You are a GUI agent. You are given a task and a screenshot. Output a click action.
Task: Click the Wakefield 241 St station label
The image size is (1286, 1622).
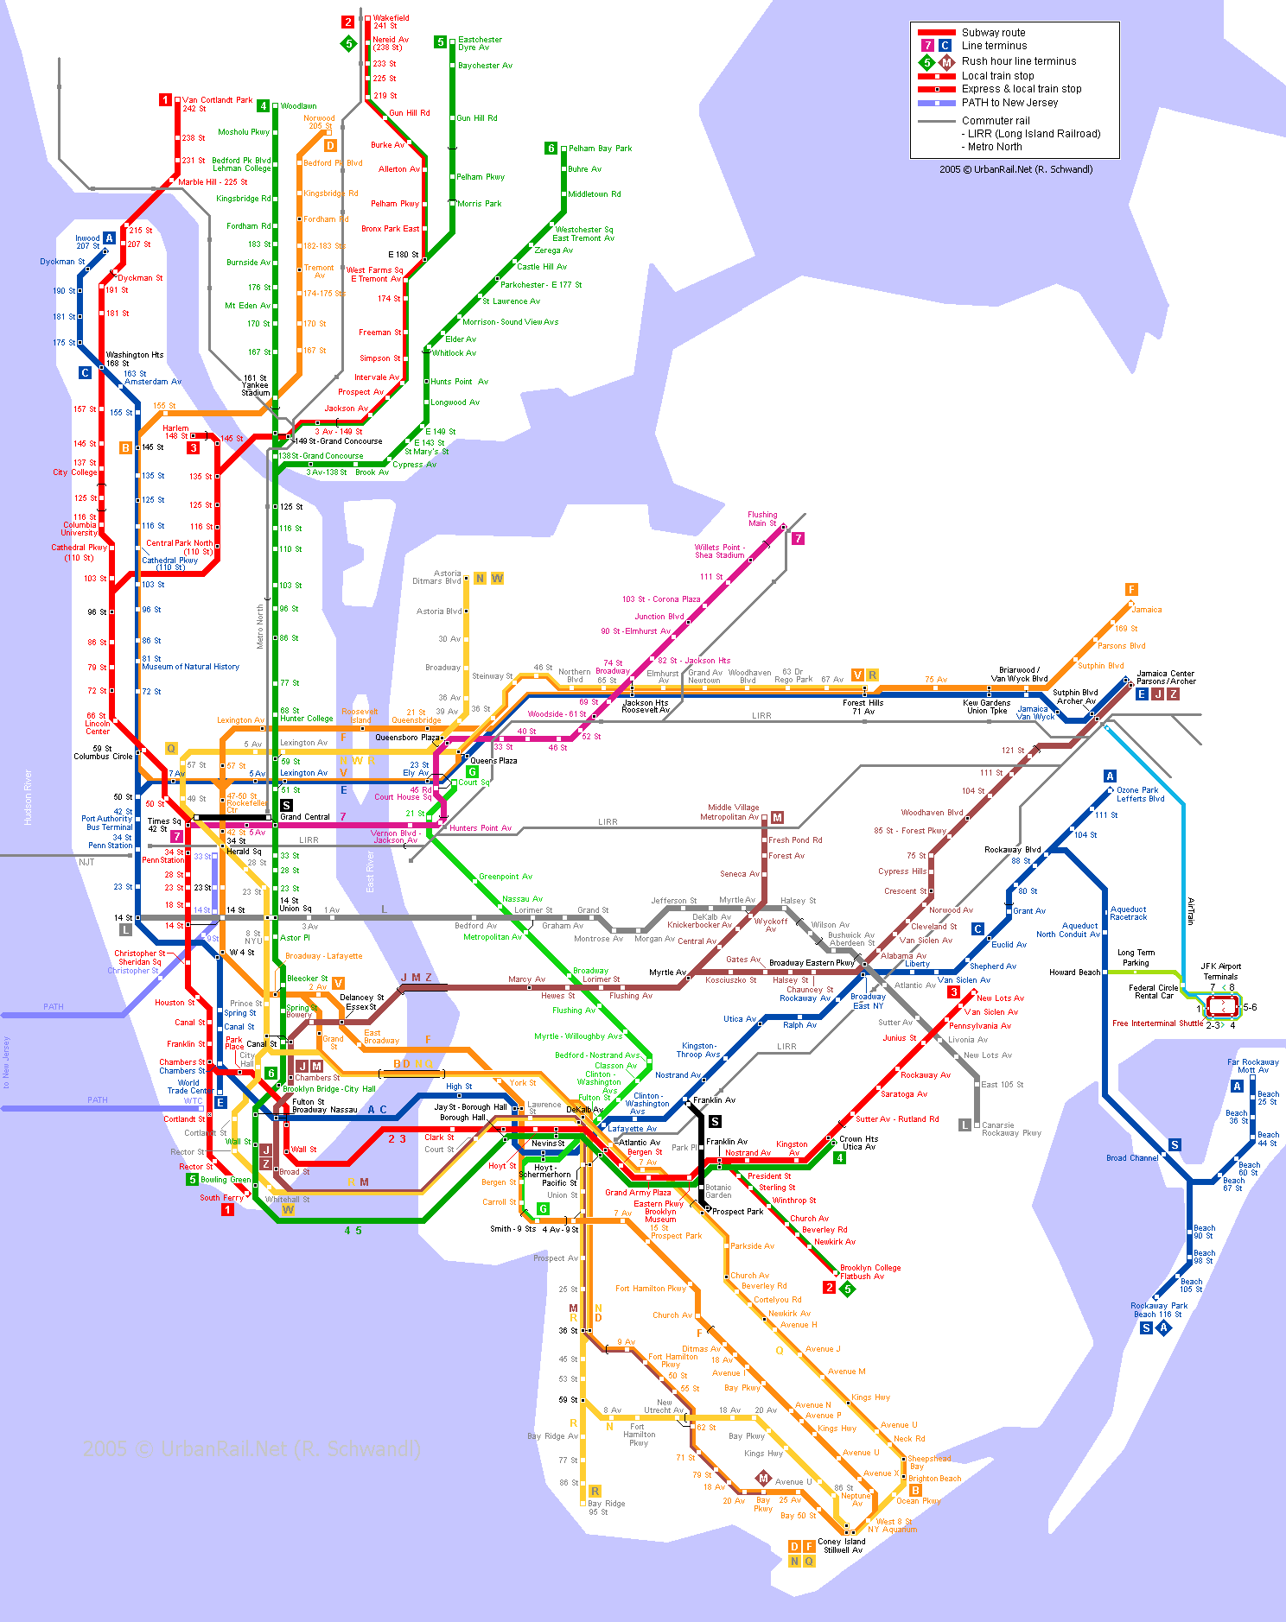click(391, 22)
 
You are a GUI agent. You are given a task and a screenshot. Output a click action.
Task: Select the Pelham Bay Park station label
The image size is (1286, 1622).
click(600, 149)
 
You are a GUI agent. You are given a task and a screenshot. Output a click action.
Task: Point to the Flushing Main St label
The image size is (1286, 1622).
click(761, 518)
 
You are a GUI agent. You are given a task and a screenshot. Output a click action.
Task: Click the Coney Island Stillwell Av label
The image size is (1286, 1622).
click(842, 1545)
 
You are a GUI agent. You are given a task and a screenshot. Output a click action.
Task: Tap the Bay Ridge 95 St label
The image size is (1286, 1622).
click(606, 1507)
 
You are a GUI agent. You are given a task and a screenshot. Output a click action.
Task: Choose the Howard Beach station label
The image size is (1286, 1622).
click(1074, 972)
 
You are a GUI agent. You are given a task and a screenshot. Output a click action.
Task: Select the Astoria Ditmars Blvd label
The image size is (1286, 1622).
click(436, 577)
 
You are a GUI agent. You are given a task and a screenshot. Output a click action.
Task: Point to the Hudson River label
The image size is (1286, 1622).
click(28, 797)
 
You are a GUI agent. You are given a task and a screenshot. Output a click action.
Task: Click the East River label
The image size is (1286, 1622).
click(370, 871)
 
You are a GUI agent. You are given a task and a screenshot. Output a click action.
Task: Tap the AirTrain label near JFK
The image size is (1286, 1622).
click(1190, 911)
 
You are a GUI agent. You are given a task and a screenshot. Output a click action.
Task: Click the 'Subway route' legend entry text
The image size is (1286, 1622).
click(993, 33)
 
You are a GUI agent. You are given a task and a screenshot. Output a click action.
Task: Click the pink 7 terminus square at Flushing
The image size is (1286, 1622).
click(798, 538)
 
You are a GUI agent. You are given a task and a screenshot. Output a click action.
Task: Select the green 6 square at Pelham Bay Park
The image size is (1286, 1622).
click(551, 149)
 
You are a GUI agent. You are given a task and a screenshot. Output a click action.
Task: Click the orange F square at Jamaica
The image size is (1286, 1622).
click(1131, 589)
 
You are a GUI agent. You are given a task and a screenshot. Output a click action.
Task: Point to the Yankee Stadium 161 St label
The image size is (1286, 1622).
click(255, 385)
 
